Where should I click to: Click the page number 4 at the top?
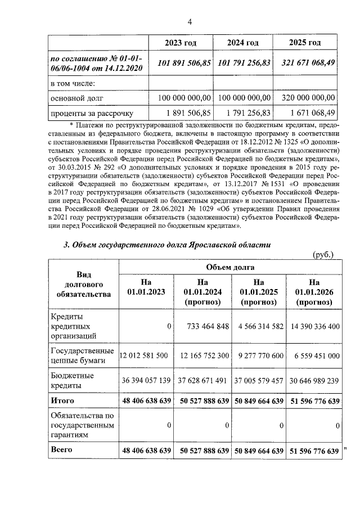pos(190,22)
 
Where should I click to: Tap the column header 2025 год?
pos(305,43)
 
